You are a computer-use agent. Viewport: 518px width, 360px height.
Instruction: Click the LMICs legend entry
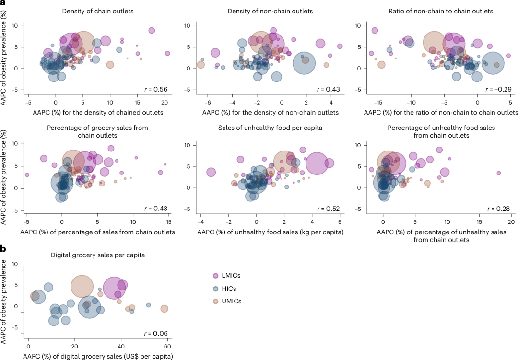point(226,276)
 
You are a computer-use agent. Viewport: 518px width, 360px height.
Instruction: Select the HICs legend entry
point(224,289)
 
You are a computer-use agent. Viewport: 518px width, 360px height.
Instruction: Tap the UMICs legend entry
point(227,301)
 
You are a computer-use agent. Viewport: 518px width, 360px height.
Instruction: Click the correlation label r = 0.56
point(156,89)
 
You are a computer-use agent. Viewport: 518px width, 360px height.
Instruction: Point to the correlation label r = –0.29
point(498,89)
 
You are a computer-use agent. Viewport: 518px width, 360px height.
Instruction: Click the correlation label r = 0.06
point(156,333)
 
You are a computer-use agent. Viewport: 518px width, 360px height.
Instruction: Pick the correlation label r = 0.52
point(329,209)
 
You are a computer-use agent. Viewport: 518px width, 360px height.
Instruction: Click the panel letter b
point(3,248)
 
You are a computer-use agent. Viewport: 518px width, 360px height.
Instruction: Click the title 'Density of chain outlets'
point(98,11)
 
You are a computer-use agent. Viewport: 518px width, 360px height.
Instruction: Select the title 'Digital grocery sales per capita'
point(98,255)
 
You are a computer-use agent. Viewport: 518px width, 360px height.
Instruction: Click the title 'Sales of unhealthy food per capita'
point(270,128)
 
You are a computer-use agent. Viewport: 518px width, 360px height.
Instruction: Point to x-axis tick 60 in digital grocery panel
point(167,346)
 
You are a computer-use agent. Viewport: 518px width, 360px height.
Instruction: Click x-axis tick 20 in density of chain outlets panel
point(165,103)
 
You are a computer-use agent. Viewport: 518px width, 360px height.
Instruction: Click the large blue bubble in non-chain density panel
point(304,63)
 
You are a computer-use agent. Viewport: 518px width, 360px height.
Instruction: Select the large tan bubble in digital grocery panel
point(82,287)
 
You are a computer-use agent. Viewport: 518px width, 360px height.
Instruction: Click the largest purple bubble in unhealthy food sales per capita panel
point(317,163)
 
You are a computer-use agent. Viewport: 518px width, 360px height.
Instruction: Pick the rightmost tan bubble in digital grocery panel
point(164,309)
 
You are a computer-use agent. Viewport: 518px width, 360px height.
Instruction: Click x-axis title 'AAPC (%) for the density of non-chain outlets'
point(271,113)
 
